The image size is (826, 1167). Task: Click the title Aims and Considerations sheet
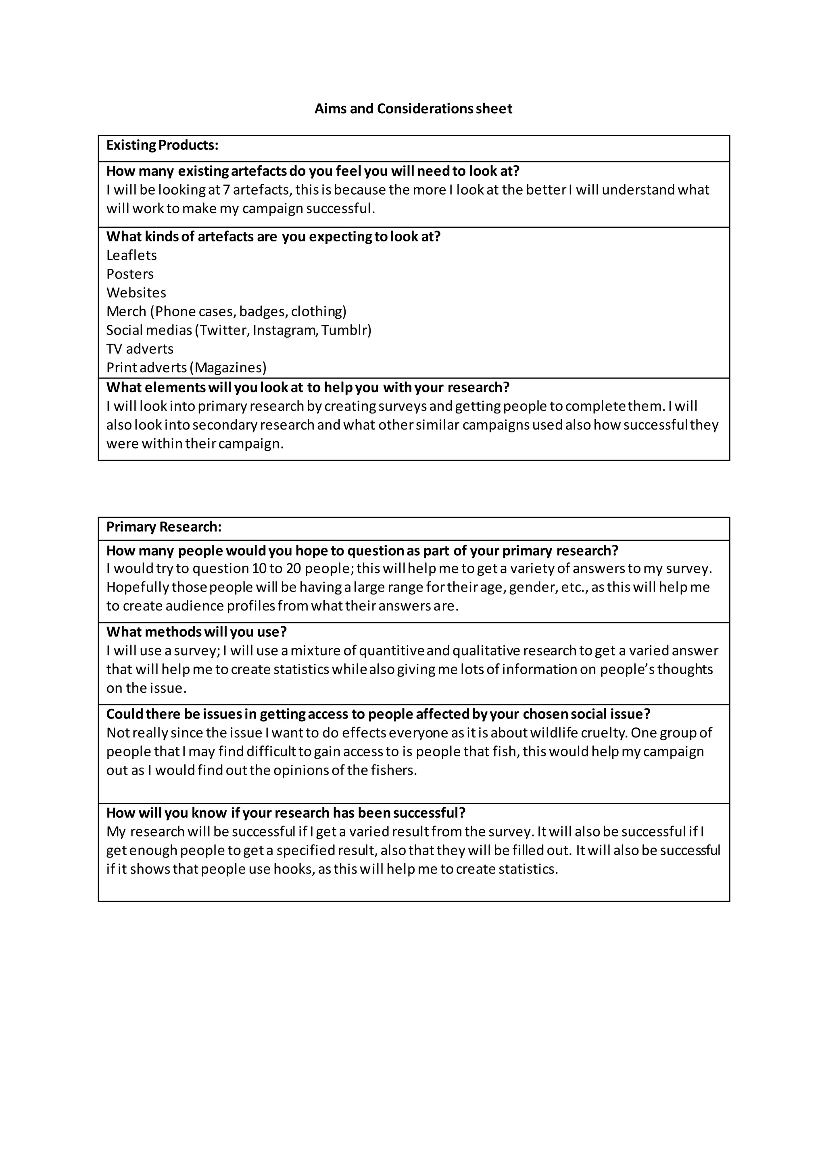coord(413,109)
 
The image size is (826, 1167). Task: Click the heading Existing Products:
coord(162,145)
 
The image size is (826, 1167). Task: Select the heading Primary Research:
coord(164,527)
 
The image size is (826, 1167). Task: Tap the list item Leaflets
coord(131,255)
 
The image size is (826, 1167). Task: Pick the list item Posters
coord(130,274)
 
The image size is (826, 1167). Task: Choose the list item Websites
coord(136,293)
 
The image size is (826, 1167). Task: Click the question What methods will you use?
coord(196,632)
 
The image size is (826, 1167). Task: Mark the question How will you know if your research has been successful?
coord(286,813)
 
